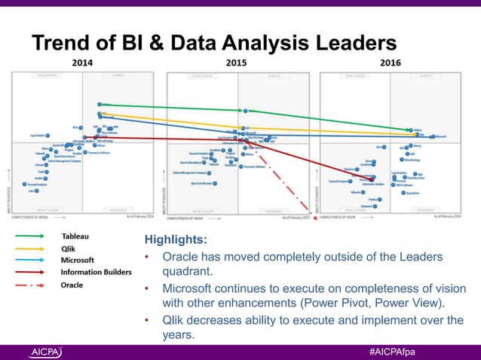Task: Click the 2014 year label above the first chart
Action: [x=81, y=63]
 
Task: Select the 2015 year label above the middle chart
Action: [x=237, y=63]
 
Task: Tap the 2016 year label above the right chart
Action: [x=390, y=63]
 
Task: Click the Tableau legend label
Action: [x=75, y=236]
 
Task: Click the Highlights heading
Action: [x=175, y=240]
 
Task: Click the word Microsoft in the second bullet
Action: [x=191, y=290]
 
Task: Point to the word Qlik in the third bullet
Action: [x=175, y=321]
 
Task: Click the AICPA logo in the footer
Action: [x=46, y=352]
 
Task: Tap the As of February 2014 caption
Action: [x=139, y=215]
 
